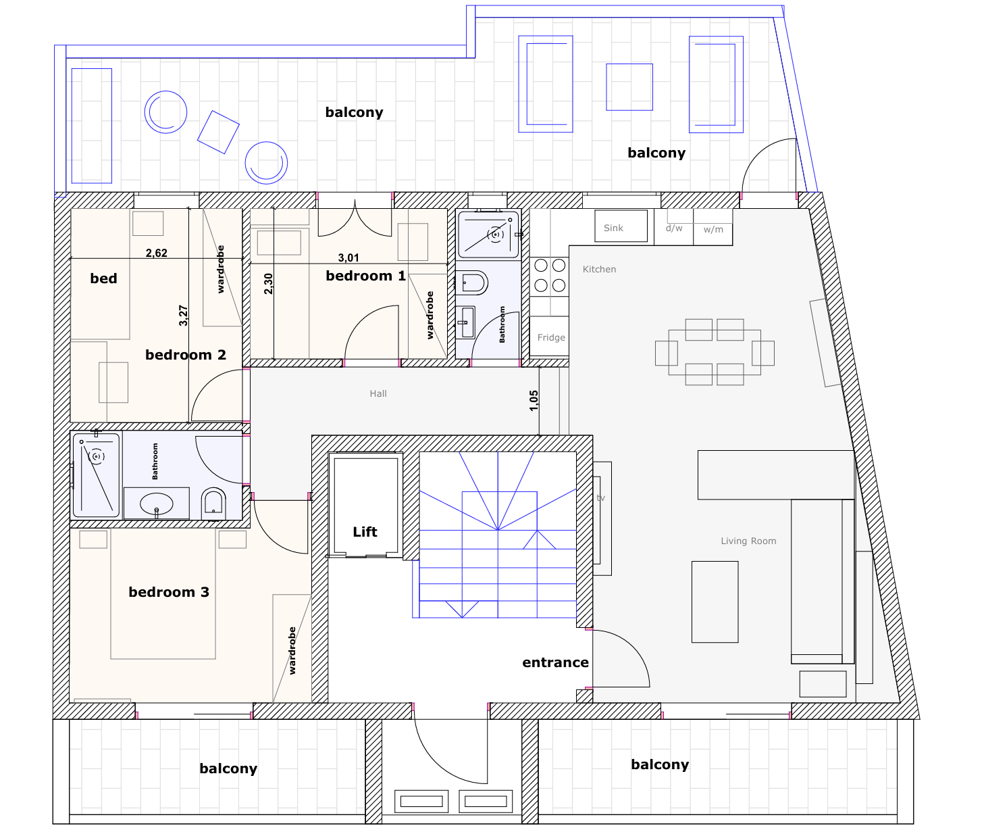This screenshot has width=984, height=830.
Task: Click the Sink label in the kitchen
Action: point(613,228)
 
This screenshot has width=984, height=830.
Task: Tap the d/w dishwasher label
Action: point(674,228)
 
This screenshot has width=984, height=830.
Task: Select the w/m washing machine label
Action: point(713,230)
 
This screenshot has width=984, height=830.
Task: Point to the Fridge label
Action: point(551,338)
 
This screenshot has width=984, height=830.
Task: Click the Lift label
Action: point(365,532)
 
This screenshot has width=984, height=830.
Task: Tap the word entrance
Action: point(555,662)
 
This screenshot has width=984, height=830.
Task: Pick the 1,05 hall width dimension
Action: point(534,401)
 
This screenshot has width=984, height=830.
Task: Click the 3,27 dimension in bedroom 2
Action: point(183,316)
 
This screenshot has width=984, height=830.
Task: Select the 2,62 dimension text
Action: point(157,253)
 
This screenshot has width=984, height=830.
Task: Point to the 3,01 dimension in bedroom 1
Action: point(348,258)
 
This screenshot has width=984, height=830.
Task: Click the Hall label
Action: point(378,394)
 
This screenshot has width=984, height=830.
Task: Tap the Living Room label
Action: point(748,541)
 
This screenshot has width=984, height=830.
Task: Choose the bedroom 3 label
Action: point(169,592)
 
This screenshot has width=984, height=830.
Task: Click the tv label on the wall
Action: point(600,498)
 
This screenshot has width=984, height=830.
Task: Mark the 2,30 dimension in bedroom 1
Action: point(268,284)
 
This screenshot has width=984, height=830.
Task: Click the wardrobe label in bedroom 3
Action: point(292,651)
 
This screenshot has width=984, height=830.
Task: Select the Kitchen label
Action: point(599,269)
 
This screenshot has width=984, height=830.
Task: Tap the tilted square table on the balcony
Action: point(218,132)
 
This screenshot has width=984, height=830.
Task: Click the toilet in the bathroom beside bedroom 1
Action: point(472,283)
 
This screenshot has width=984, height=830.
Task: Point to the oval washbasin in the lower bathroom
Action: point(157,504)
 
